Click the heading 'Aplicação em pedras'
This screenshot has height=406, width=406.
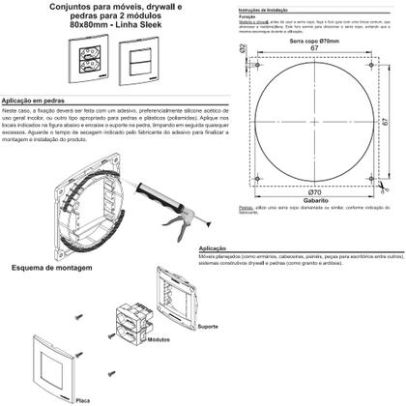(x=38, y=101)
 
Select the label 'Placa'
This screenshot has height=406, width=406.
(x=82, y=398)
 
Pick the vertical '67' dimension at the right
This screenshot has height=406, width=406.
(x=384, y=123)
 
